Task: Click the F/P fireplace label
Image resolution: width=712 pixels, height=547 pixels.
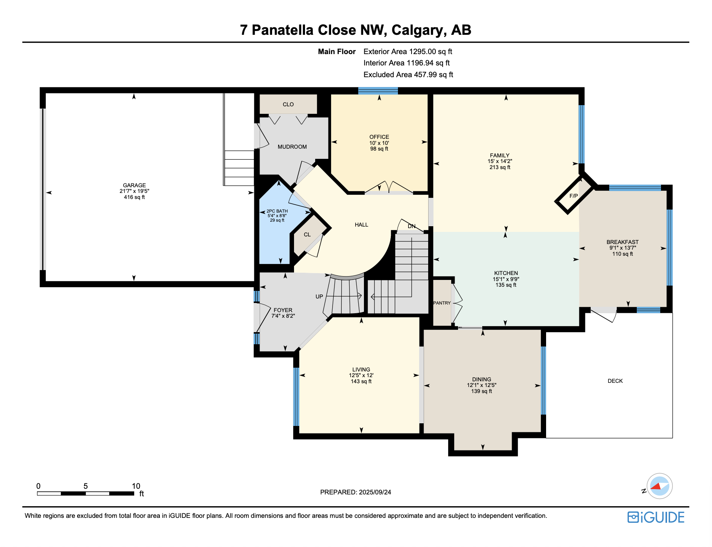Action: [x=573, y=196]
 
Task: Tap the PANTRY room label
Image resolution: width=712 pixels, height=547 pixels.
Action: [x=442, y=303]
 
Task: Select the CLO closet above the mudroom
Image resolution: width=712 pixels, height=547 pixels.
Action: [x=288, y=104]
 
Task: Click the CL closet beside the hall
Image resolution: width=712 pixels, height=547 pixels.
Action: [x=307, y=235]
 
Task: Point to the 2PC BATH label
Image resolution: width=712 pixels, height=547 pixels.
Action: [x=277, y=211]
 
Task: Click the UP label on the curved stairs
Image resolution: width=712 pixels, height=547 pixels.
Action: [x=319, y=297]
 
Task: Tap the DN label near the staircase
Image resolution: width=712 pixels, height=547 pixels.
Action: [x=412, y=226]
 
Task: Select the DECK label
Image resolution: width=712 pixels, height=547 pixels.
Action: [x=615, y=381]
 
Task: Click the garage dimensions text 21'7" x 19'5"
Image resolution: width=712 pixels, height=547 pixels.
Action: [x=134, y=191]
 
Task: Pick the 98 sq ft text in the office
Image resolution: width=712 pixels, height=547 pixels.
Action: [x=379, y=149]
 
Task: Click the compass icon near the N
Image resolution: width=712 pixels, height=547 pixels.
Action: [x=659, y=486]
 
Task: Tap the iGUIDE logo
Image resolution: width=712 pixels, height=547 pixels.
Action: [x=656, y=517]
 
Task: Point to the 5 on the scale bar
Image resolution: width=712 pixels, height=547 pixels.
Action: [x=85, y=486]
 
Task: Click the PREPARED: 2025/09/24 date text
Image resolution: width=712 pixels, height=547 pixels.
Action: [x=355, y=492]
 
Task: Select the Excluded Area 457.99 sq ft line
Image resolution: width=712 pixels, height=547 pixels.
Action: [x=408, y=75]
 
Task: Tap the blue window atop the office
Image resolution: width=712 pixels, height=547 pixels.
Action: [x=378, y=90]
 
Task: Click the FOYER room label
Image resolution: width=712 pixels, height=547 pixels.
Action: [x=283, y=310]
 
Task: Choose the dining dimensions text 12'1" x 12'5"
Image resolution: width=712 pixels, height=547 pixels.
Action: [x=481, y=385]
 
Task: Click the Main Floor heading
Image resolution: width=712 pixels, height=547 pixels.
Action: [x=337, y=51]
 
